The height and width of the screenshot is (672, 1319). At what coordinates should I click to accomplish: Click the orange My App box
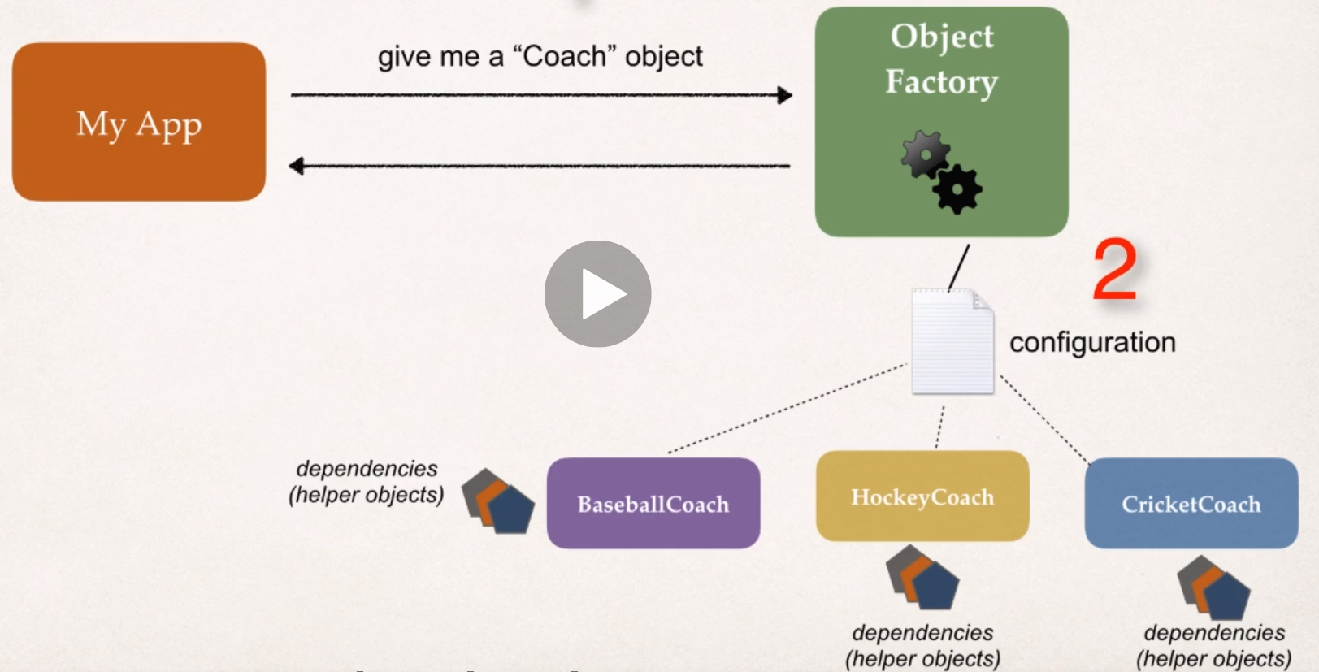click(x=139, y=122)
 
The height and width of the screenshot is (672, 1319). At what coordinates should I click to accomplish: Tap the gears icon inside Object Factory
click(x=941, y=172)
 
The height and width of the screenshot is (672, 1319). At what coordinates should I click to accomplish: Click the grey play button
click(x=597, y=293)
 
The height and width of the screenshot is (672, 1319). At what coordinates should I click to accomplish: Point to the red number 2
click(x=1114, y=270)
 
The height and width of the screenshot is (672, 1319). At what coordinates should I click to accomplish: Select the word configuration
click(x=1092, y=343)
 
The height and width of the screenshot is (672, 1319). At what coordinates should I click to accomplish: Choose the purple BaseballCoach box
click(x=653, y=503)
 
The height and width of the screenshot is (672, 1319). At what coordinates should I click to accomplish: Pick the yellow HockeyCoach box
click(x=922, y=496)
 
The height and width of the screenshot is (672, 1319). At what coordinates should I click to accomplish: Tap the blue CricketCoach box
click(x=1191, y=503)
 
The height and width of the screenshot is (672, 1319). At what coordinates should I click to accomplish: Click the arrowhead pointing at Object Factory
click(x=784, y=95)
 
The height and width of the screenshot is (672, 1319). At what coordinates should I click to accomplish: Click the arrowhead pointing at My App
click(x=297, y=167)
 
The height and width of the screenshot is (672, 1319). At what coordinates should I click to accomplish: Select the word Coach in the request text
click(x=564, y=57)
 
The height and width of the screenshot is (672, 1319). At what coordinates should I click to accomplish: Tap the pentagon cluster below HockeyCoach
click(x=922, y=578)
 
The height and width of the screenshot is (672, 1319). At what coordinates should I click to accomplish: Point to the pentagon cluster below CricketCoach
click(x=1213, y=587)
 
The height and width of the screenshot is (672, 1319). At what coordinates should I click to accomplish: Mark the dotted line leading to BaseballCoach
click(x=787, y=409)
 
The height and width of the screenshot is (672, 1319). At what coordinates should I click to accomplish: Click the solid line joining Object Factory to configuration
click(x=959, y=267)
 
